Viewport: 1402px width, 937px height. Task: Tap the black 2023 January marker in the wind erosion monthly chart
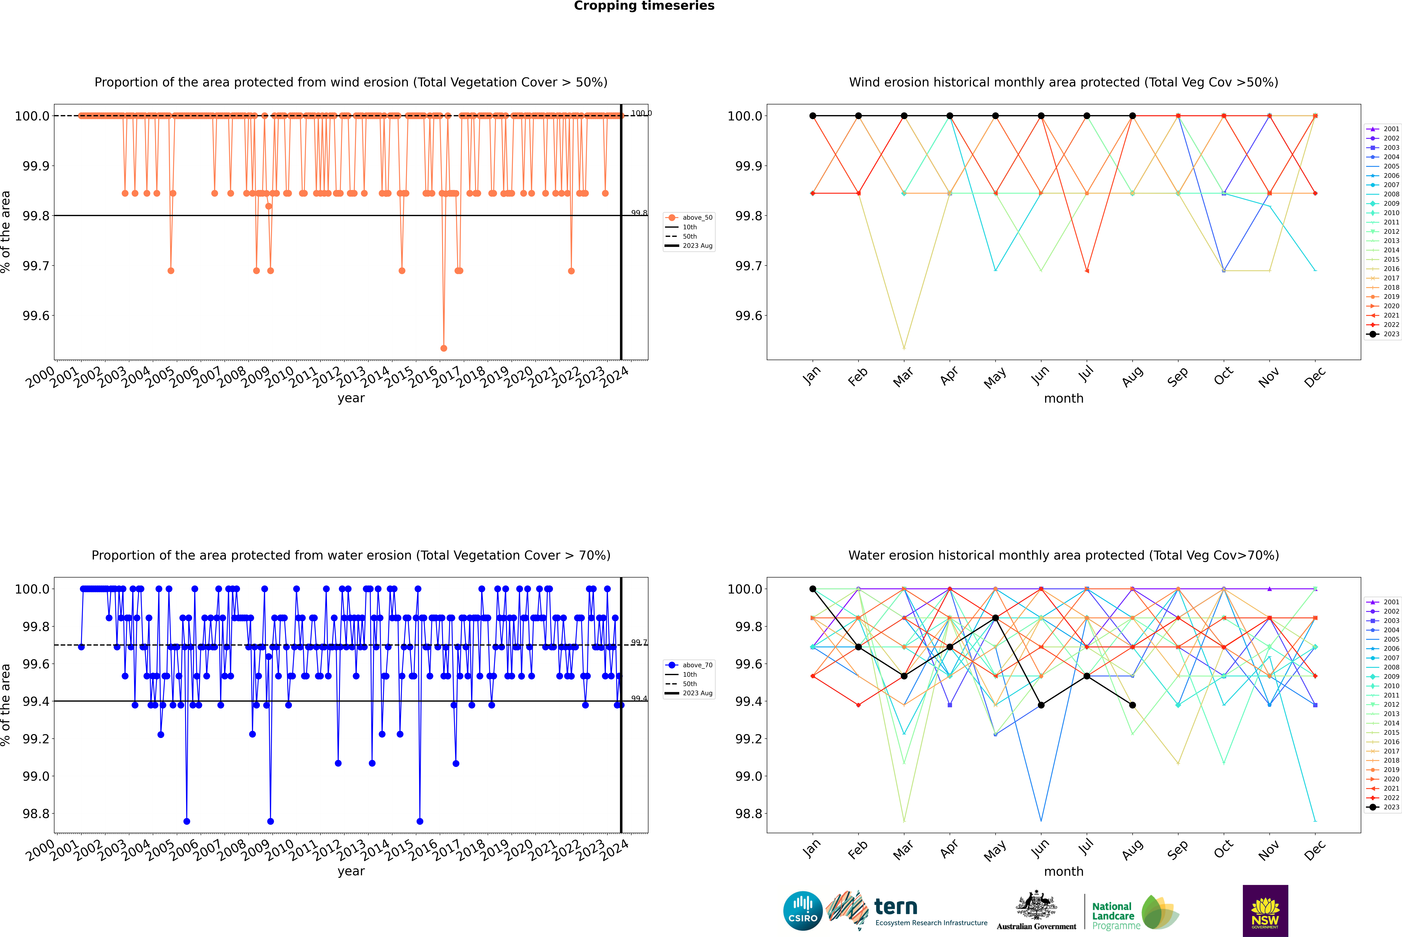point(813,116)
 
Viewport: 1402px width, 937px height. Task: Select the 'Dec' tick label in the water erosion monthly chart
point(1315,850)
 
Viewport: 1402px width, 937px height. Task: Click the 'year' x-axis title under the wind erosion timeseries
point(351,398)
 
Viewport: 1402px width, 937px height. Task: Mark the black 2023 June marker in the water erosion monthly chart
point(1041,705)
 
